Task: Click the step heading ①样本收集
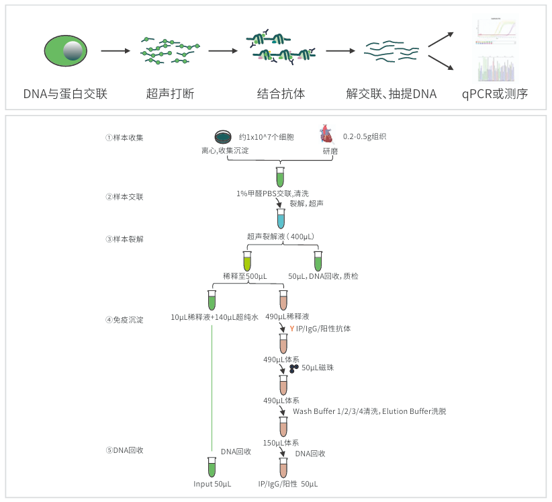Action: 124,138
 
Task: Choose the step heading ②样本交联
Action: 124,197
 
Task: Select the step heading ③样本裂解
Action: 124,239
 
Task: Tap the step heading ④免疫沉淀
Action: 124,320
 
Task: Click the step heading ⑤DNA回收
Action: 124,450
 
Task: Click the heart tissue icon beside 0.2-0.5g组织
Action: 326,134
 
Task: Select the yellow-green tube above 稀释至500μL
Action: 246,260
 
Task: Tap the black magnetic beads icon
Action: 294,368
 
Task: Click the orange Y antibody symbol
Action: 292,329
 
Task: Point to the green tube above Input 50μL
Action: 212,465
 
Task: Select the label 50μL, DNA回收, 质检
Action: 323,276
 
